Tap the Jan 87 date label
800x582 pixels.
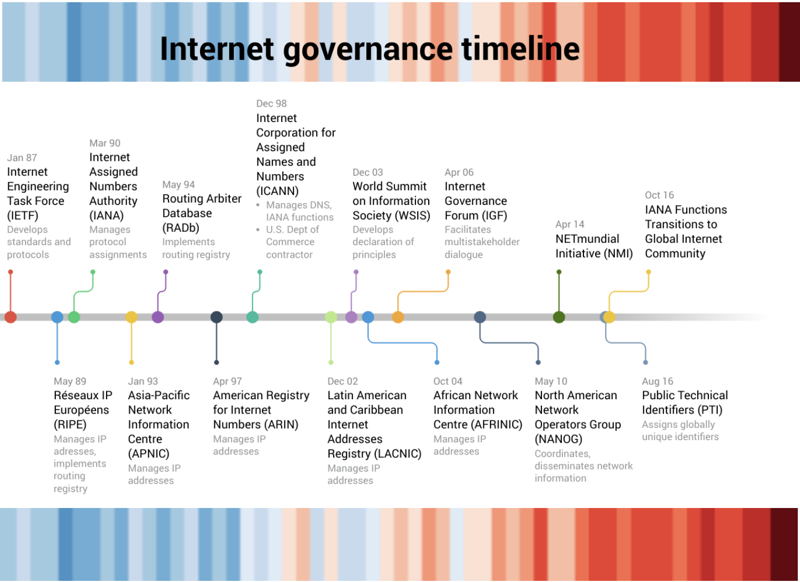(22, 157)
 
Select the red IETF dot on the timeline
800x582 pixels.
(10, 317)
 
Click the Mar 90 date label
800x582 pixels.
(104, 143)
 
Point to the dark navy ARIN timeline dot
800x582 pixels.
(217, 317)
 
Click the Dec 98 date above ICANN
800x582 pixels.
(271, 103)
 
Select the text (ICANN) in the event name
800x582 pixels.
(277, 191)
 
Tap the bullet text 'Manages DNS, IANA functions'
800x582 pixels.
(299, 211)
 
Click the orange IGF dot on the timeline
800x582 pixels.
(398, 317)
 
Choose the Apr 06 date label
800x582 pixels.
(459, 172)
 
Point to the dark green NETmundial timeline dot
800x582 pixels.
(559, 317)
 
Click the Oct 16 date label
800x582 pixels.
(659, 195)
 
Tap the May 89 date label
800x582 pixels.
(70, 381)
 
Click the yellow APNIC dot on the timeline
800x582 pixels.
(131, 317)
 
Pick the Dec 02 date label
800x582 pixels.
(343, 381)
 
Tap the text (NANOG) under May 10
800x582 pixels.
(558, 439)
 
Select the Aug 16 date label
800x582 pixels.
(657, 381)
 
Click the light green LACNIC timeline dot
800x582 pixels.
(331, 317)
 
